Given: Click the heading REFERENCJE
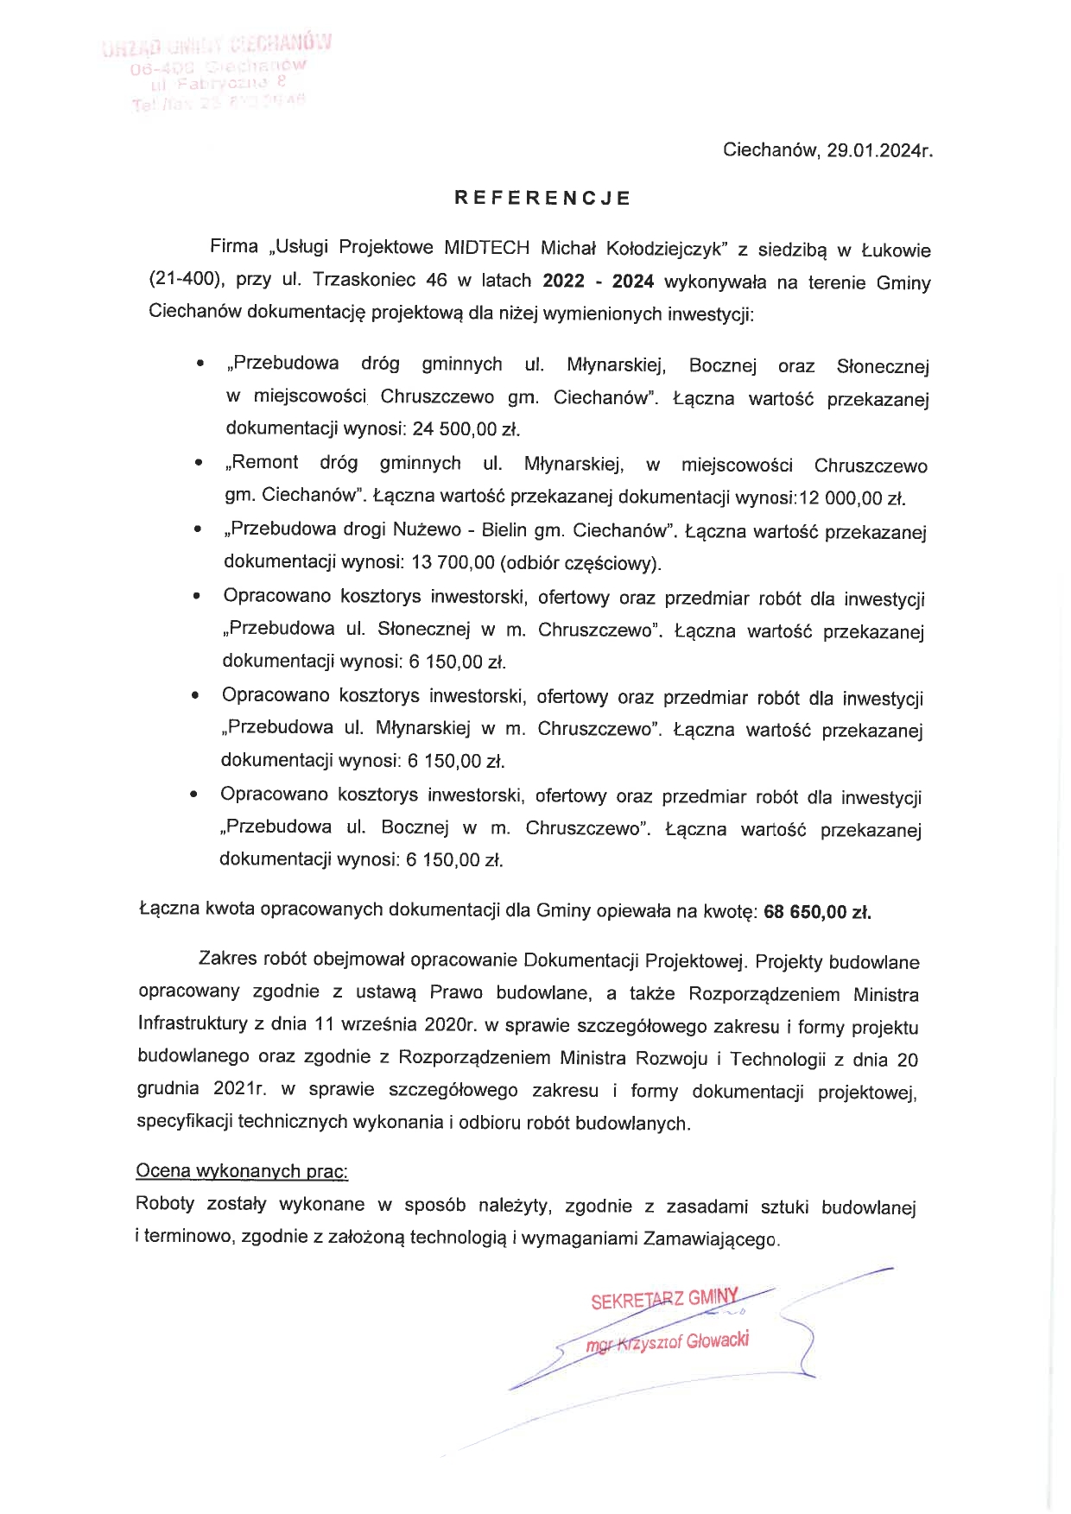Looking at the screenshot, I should point(542,198).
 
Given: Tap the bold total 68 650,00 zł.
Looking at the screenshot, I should point(817,912).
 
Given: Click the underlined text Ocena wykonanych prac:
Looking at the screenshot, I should point(242,1172).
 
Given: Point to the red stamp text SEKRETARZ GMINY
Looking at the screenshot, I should point(665,1299).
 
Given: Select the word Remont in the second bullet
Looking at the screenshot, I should point(264,463).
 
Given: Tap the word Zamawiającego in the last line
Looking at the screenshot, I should point(711,1239).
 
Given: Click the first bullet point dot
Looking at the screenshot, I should point(200,365).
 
